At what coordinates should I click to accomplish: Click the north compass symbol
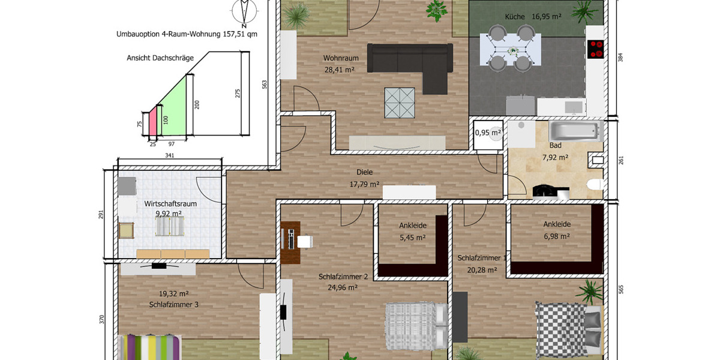point(244,12)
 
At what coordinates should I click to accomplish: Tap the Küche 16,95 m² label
point(533,17)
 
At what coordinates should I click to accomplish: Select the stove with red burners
point(596,49)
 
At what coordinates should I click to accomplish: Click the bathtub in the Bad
point(575,130)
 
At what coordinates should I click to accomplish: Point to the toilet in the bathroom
point(595,184)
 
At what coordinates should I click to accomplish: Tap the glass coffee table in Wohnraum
point(400,102)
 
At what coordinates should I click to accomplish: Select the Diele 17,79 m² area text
point(364,178)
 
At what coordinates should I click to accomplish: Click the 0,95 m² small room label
point(487,133)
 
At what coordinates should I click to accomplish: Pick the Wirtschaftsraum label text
point(170,204)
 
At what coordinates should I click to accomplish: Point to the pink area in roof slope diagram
point(152,124)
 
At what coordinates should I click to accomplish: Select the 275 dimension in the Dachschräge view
point(238,94)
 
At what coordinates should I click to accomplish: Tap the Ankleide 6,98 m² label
point(556,230)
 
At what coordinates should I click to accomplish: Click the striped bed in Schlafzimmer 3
point(150,347)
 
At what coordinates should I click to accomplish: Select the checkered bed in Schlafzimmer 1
point(568,328)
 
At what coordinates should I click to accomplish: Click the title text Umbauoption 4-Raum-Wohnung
point(187,34)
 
